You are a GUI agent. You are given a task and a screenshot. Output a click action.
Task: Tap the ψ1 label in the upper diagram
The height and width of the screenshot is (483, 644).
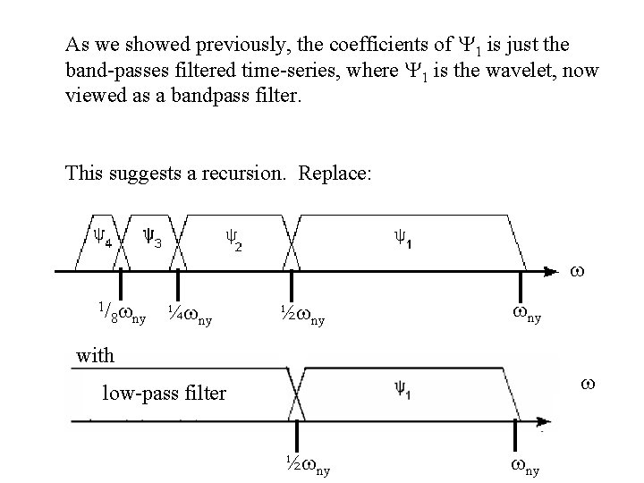pos(403,237)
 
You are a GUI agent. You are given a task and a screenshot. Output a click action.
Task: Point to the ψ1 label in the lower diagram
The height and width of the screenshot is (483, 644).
pos(401,387)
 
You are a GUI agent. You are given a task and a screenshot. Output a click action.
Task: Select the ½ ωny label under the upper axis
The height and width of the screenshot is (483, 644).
pos(301,314)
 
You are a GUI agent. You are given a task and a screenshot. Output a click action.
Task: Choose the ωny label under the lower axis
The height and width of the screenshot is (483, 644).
pos(524,464)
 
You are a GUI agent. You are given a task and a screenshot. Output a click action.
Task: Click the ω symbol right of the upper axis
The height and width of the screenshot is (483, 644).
pos(578,268)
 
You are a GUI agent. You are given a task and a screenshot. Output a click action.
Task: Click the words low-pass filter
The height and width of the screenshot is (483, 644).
pos(164,392)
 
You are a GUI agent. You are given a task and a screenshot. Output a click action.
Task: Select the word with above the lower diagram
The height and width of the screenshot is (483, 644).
pos(95,355)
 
